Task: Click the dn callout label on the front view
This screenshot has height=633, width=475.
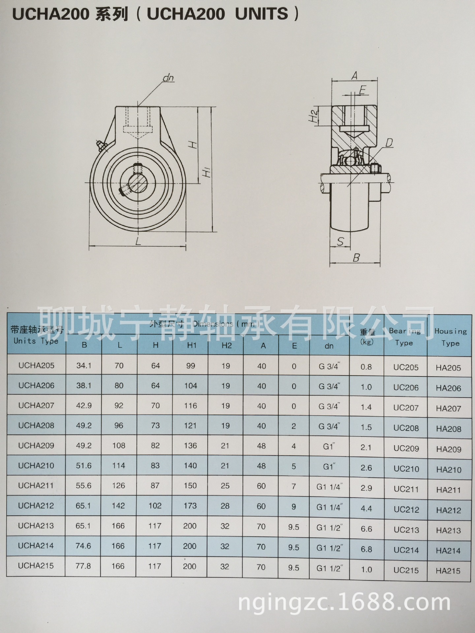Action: [x=168, y=78]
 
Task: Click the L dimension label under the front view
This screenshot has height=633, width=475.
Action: [x=138, y=241]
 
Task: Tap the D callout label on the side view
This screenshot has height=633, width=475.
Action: [x=389, y=143]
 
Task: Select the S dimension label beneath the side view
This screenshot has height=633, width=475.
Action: [x=340, y=242]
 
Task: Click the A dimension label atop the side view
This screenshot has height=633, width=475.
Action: [x=354, y=76]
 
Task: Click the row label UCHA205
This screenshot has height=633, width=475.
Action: [x=36, y=365]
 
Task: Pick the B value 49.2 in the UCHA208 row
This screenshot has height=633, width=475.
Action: [x=84, y=426]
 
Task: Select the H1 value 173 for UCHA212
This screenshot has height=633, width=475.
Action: [x=190, y=506]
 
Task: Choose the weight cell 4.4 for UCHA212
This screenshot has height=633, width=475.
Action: [x=366, y=508]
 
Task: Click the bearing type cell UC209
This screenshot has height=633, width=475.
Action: [x=406, y=448]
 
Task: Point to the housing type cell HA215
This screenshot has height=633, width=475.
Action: [x=448, y=571]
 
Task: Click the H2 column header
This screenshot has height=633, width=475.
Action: [x=226, y=346]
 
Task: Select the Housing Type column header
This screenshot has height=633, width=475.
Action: [x=450, y=337]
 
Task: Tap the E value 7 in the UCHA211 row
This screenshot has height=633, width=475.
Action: [x=294, y=486]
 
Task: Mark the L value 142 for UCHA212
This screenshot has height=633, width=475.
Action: [x=118, y=506]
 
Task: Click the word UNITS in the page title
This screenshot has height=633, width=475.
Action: [x=262, y=14]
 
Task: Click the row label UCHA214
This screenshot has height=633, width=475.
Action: [x=36, y=546]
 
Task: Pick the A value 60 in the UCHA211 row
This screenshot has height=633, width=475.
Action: [x=261, y=486]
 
